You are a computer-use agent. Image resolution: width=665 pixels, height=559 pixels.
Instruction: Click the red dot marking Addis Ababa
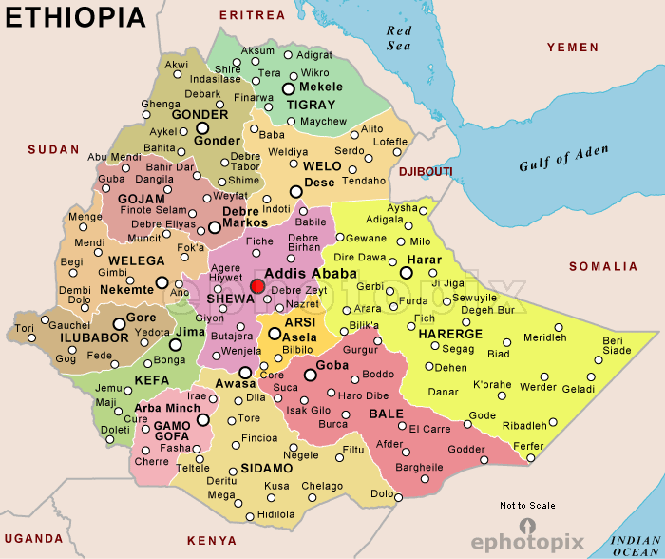257,286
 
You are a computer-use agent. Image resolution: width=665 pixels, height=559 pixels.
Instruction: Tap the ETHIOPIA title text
76,17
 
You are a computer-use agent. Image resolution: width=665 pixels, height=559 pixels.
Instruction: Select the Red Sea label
399,37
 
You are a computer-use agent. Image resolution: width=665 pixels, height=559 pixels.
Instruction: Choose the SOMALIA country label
603,266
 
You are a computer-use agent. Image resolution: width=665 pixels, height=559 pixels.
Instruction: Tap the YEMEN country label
572,48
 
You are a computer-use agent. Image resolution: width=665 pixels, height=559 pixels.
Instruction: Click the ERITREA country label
252,15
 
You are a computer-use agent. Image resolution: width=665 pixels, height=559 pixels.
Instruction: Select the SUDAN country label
54,149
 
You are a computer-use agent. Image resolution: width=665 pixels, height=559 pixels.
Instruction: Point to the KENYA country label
212,541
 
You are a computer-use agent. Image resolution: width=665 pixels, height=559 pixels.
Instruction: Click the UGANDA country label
33,538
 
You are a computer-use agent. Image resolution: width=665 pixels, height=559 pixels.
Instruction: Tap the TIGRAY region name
311,105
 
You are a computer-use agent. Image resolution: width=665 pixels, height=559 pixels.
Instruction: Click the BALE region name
386,414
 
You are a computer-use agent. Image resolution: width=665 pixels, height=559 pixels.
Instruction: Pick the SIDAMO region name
266,469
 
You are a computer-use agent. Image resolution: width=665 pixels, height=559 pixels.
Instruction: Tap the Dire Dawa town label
358,258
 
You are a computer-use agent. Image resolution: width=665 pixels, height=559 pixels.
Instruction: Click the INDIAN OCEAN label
636,545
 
